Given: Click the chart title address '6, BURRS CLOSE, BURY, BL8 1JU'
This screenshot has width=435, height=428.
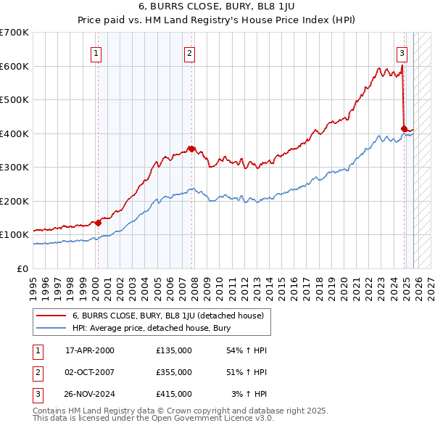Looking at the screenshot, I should (x=217, y=8).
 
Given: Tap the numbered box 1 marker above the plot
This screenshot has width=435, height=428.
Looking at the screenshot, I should (x=96, y=52).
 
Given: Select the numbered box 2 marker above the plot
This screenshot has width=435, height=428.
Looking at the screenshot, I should (x=189, y=52).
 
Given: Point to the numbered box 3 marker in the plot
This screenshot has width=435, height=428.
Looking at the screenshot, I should (x=402, y=52).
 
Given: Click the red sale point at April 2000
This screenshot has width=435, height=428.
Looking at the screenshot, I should (x=98, y=223).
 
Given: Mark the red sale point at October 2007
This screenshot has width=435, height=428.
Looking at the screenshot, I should (x=191, y=149).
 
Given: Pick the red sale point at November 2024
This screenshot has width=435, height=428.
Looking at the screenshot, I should (x=404, y=129).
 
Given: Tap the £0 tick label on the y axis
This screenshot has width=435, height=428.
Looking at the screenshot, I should (x=22, y=268).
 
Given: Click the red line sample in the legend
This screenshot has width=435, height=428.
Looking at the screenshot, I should (x=52, y=316).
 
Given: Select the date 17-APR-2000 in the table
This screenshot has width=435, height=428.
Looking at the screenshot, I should (x=90, y=350).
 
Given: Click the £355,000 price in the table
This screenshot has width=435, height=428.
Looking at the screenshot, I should (x=174, y=372).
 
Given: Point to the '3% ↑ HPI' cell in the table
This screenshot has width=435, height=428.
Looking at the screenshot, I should (x=249, y=394).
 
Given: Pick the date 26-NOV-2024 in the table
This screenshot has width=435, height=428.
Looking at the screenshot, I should (x=90, y=394).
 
